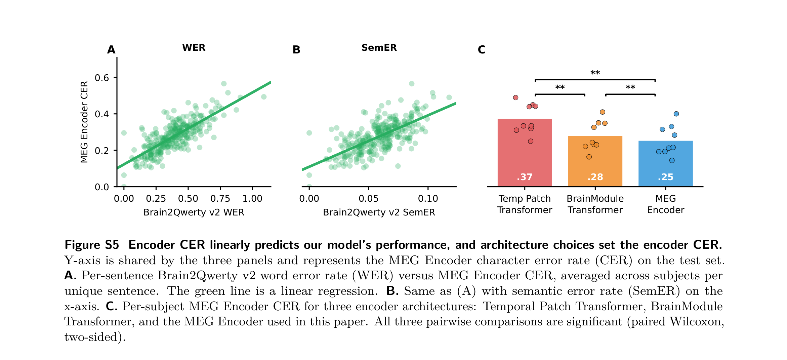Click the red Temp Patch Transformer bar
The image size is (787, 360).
[x=525, y=153]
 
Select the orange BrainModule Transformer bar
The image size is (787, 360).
[x=595, y=161]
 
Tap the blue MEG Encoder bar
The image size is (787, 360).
[x=665, y=164]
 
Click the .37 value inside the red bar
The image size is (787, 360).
[x=525, y=177]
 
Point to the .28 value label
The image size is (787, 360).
[x=595, y=177]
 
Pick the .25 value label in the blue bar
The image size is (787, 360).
[x=665, y=177]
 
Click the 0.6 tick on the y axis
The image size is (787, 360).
[x=102, y=78]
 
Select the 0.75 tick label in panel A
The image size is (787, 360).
[x=220, y=199]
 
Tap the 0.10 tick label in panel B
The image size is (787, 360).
[x=428, y=199]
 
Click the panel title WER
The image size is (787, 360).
[x=194, y=48]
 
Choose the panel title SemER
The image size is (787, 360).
[x=379, y=48]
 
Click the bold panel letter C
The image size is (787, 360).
[x=482, y=50]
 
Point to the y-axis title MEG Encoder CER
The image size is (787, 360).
[x=84, y=122]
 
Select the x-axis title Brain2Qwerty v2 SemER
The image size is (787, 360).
[x=379, y=212]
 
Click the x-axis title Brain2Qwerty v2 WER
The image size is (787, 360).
[x=194, y=212]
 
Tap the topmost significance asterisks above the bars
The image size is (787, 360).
[x=595, y=73]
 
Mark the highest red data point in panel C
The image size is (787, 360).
[x=515, y=97]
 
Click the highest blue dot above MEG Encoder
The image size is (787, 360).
[x=676, y=114]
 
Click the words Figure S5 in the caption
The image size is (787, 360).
[x=92, y=245]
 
